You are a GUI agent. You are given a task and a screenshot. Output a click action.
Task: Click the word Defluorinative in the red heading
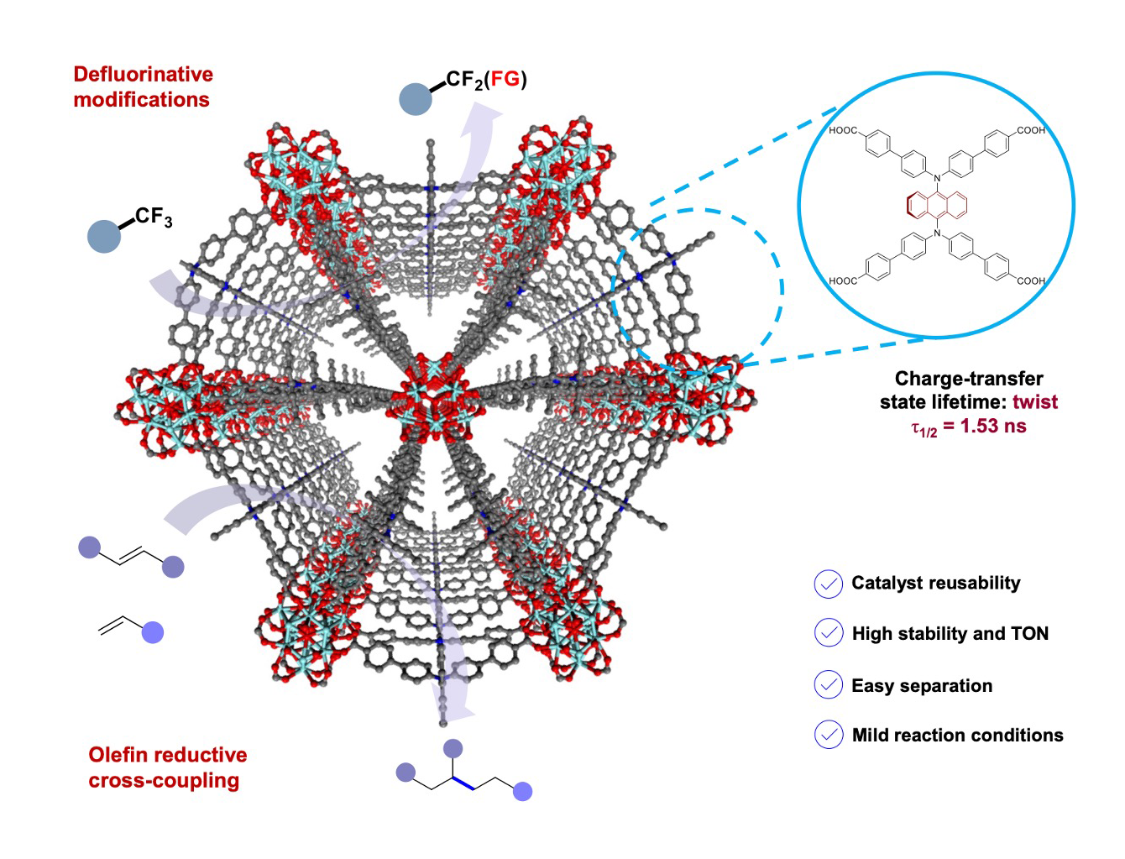pos(143,75)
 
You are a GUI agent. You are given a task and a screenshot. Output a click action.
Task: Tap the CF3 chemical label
pos(154,217)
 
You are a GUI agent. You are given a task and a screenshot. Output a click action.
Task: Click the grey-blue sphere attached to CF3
pos(104,236)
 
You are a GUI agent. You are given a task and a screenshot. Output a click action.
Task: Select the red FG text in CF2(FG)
pos(505,80)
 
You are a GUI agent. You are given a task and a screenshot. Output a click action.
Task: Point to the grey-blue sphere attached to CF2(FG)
pos(416,98)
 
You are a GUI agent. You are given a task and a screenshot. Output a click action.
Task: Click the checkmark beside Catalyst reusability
pos(829,584)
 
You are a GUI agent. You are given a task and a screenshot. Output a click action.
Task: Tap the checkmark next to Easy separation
pos(829,685)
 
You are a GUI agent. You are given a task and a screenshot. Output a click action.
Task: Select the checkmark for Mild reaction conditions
pos(829,735)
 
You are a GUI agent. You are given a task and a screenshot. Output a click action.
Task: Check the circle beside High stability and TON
pos(829,633)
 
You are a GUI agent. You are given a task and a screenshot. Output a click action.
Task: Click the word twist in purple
pos(1035,402)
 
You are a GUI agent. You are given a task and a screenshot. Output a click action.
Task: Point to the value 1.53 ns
pos(993,426)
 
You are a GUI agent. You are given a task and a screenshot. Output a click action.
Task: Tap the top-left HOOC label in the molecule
pos(843,131)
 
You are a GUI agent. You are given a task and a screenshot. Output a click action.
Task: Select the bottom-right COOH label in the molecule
pos(1031,280)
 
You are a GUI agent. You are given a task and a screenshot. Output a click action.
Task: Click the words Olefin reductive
pos(168,755)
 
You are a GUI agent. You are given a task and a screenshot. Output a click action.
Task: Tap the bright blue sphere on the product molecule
pos(522,791)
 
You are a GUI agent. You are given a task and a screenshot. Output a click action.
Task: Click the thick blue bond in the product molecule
pos(464,783)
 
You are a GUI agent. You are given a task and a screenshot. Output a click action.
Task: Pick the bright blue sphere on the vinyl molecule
pos(152,632)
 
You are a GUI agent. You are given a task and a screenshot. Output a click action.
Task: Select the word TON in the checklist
pos(1029,634)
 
